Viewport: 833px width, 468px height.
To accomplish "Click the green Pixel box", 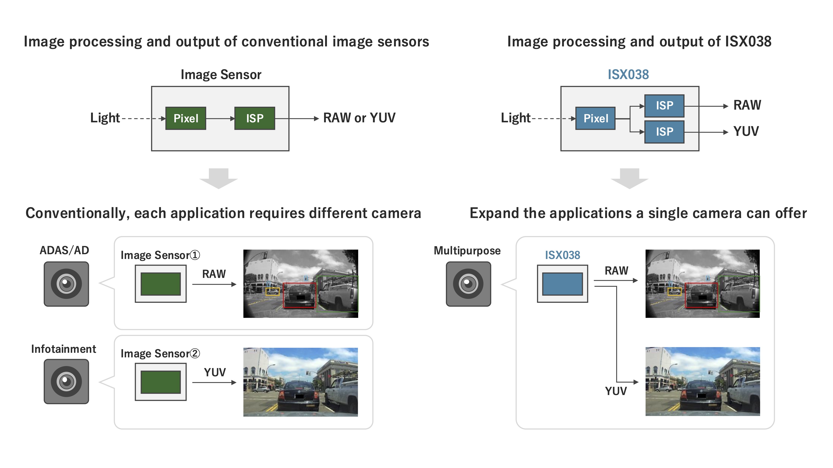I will click(186, 118).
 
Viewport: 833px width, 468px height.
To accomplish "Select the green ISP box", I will click(254, 118).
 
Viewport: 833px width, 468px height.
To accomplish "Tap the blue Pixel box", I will click(595, 118).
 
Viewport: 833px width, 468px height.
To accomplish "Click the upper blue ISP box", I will click(664, 106).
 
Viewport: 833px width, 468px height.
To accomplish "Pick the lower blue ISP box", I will click(664, 132).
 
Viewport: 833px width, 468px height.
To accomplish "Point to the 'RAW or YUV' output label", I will click(359, 118).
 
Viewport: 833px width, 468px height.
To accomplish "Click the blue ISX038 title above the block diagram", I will click(628, 75).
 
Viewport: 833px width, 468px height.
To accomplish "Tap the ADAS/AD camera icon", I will click(66, 284).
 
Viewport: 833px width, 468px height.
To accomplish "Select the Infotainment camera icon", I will click(66, 381).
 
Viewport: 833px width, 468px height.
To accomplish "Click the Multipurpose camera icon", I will click(468, 284).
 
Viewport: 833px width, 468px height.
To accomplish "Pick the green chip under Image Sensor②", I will click(161, 382).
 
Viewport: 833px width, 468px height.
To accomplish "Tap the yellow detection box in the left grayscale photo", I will click(272, 292).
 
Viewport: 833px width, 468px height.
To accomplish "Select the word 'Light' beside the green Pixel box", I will click(105, 118).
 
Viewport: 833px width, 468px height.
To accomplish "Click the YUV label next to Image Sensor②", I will click(215, 372).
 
